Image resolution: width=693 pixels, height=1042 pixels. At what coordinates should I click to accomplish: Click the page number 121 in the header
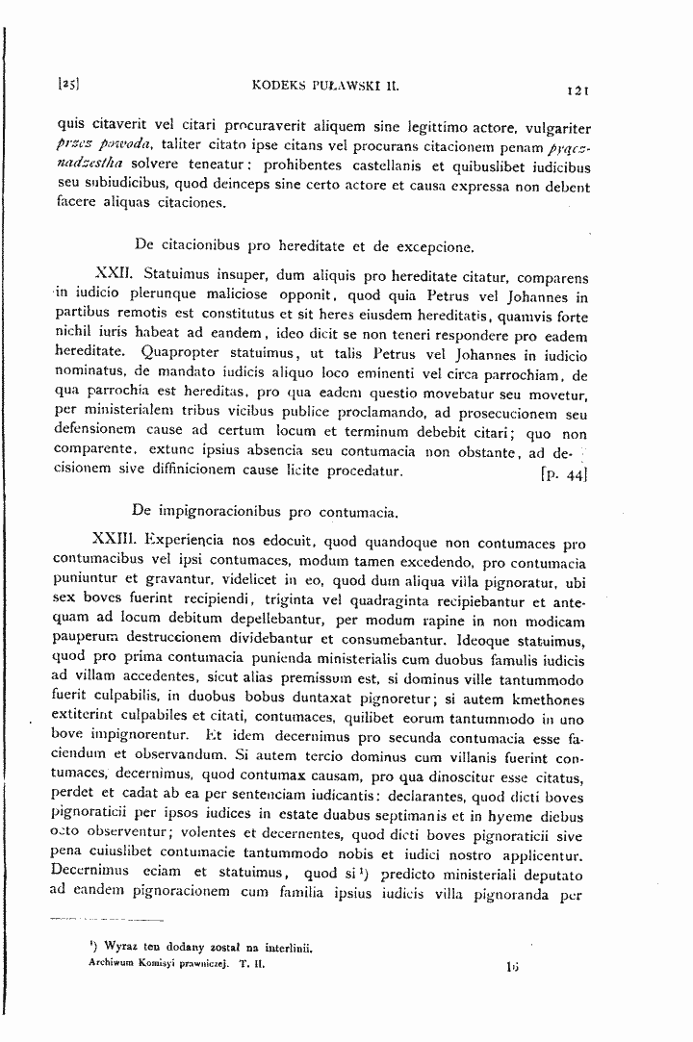click(577, 89)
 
